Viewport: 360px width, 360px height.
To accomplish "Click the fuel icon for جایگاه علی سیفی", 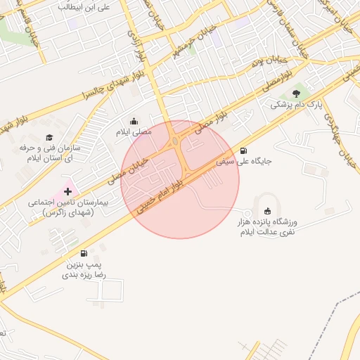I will coord(243,150).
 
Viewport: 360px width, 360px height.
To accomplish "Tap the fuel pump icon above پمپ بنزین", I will coord(84,253).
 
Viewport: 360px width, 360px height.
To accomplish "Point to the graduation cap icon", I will coord(49,137).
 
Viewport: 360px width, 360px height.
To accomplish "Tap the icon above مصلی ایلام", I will coord(134,121).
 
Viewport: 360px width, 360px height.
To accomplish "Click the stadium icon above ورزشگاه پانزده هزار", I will coord(267,211).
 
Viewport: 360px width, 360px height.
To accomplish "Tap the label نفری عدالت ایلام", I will coord(267,231).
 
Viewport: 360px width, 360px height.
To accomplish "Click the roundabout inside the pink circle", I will coord(174,142).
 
